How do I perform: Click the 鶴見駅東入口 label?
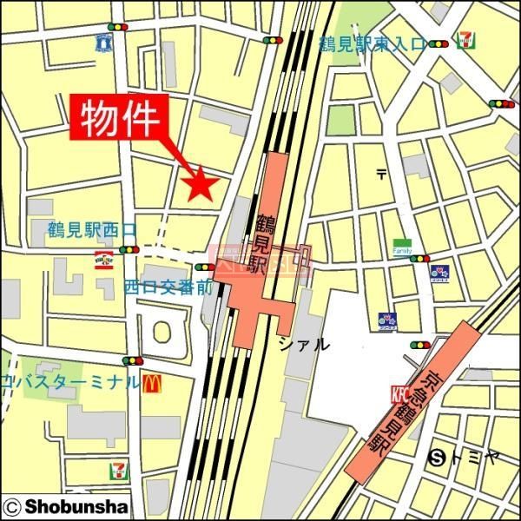(373, 44)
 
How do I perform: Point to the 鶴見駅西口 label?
(92, 231)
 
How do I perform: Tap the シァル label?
(304, 344)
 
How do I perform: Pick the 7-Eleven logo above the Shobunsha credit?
(117, 471)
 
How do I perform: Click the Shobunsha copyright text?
(66, 505)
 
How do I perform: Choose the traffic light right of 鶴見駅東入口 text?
(439, 44)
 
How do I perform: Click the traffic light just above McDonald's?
(133, 360)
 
